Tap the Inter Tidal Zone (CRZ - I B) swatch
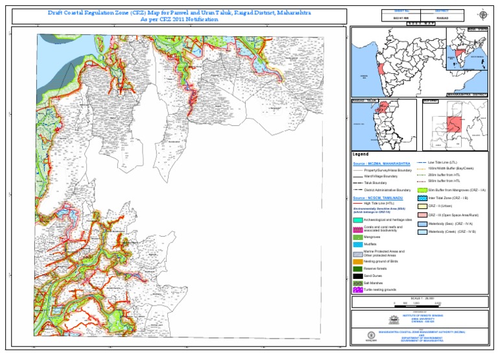pyautogui.click(x=422, y=197)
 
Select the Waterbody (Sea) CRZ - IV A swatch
pyautogui.click(x=422, y=223)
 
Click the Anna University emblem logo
pyautogui.click(x=394, y=319)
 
